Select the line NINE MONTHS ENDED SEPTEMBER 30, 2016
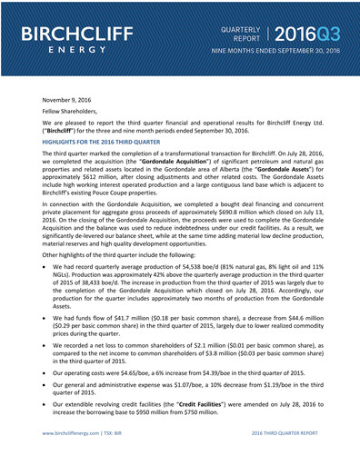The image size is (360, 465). click(275, 54)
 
